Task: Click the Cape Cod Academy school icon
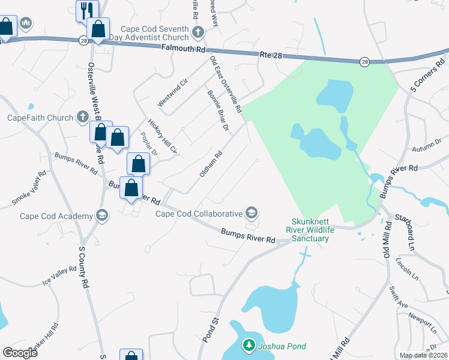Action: (102, 215)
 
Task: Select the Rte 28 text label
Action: (271, 55)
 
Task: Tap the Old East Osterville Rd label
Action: (225, 85)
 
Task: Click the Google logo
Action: (20, 352)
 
